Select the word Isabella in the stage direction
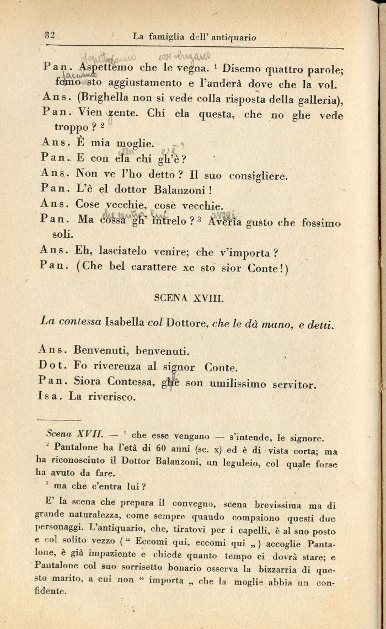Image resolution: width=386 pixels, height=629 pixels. click(125, 322)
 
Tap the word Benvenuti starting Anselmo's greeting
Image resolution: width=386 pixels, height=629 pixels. click(99, 350)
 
